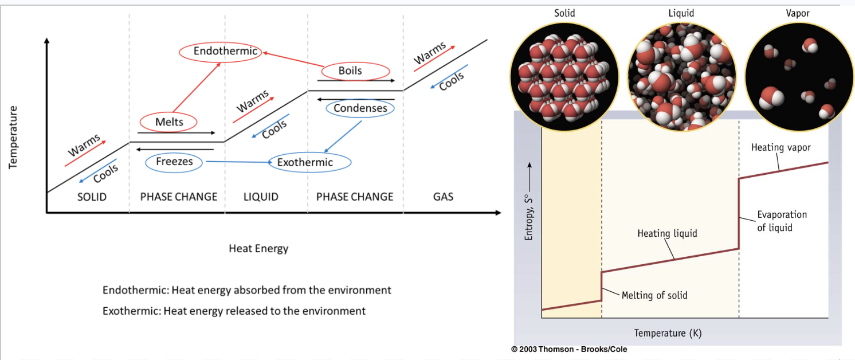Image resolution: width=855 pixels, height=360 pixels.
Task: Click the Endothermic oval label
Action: coord(221,52)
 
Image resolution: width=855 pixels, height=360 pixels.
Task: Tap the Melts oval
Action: coord(169,122)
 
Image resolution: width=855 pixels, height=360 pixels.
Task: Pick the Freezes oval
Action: coord(174,162)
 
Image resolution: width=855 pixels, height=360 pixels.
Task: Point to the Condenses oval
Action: coord(360,108)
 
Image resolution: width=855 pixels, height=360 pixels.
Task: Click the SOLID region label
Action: coord(92,197)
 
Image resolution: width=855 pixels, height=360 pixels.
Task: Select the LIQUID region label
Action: coord(261,197)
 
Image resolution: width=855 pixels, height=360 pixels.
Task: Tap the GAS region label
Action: coord(443,197)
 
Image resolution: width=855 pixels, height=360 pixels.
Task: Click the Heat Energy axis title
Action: coord(258,248)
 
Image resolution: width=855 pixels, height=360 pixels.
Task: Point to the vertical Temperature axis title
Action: coord(13,138)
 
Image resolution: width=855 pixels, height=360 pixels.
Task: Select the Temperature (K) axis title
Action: coord(668,333)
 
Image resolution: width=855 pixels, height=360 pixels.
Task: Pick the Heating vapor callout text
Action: coord(781,147)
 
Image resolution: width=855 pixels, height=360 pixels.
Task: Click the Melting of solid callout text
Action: coord(654,295)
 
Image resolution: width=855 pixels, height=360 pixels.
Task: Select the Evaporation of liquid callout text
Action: coord(782,221)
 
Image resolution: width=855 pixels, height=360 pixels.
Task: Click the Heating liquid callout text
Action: coord(667,233)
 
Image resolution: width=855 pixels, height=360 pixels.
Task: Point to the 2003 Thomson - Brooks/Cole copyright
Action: coord(569,349)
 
